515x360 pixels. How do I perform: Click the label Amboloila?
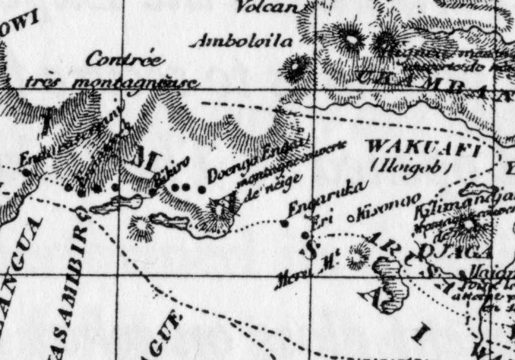coord(241,41)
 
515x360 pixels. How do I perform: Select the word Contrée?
coord(125,59)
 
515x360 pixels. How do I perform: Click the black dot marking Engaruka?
coord(285,223)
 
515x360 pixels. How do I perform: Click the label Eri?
coord(320,220)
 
